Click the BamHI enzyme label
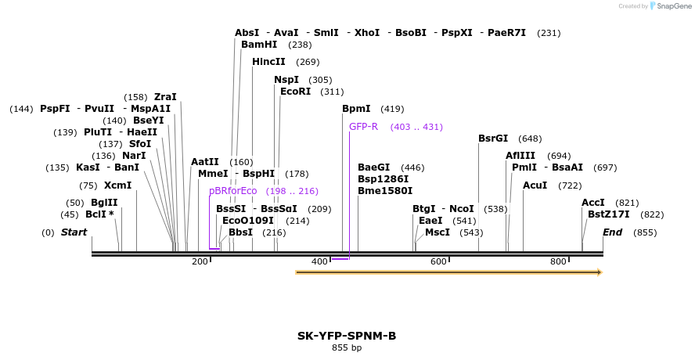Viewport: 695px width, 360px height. pos(259,45)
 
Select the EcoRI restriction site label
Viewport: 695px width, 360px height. pos(295,92)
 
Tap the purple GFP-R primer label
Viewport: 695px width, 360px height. pos(363,127)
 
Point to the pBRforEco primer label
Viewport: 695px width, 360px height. pos(232,191)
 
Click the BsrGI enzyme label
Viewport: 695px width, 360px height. pos(493,139)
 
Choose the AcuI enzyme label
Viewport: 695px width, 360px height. pos(535,185)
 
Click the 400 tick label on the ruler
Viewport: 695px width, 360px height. pos(319,261)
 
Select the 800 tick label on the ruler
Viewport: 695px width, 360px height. pos(558,261)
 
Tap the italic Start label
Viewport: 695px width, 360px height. pos(74,232)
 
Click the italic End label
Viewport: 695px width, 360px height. pos(613,232)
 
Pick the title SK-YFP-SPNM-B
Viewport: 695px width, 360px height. pos(347,336)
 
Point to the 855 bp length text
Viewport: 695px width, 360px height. pos(347,347)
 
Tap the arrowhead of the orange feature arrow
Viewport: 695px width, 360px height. pos(599,272)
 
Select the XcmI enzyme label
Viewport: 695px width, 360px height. pos(117,185)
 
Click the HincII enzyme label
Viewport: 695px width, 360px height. pos(268,62)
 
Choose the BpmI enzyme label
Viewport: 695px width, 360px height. pos(356,109)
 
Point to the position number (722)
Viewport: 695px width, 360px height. pos(570,185)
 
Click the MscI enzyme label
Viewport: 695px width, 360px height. pos(438,232)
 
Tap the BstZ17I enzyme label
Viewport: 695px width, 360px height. pos(609,214)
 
